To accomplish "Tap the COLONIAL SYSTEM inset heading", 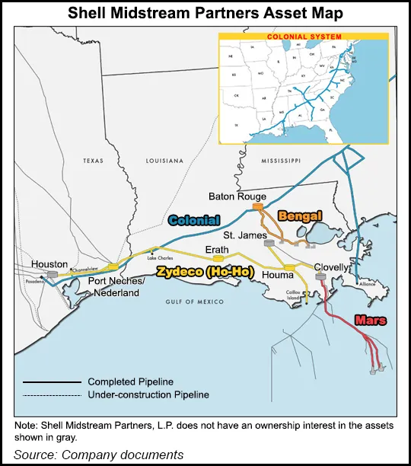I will tap(304, 36).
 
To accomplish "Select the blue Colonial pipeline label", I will tap(194, 221).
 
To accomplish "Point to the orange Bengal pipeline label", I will tap(300, 215).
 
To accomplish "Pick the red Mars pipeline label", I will tap(370, 321).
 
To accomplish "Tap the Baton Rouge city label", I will tap(237, 196).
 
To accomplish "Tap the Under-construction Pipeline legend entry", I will tap(148, 394).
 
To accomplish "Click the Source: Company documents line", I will tap(99, 455).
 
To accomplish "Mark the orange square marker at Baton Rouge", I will tap(258, 206).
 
